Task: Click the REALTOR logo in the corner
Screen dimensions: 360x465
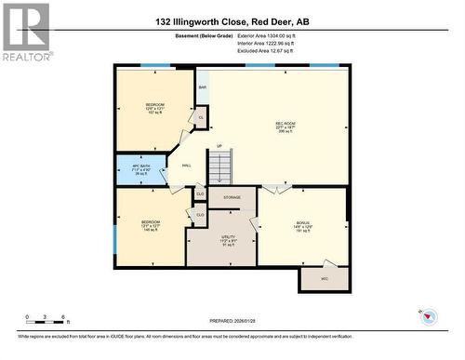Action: (26, 32)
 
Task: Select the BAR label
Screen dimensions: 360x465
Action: (202, 89)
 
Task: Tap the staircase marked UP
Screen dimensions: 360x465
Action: (219, 167)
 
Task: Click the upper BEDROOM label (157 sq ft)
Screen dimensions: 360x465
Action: (154, 107)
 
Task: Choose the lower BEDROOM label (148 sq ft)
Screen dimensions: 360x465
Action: (151, 225)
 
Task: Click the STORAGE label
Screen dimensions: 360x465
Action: (232, 197)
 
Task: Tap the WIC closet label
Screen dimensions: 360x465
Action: (325, 278)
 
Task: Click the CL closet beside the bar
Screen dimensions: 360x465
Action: (201, 117)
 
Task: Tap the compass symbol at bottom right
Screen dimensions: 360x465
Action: (430, 317)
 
